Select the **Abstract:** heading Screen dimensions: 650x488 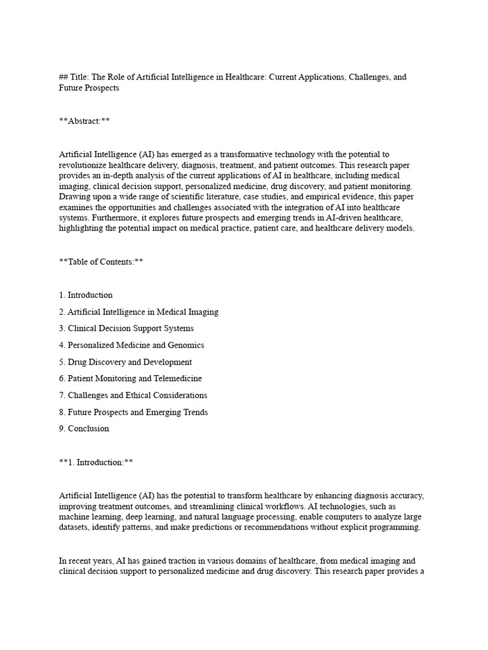84,121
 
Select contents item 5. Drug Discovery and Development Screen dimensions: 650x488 125,362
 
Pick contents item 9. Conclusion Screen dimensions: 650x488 83,428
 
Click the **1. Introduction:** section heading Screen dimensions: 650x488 95,462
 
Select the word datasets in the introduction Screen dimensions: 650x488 76,527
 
